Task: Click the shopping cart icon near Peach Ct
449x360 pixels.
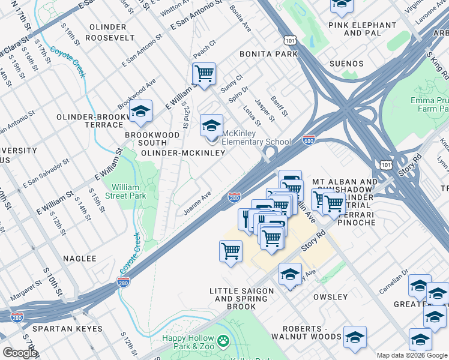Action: coord(204,74)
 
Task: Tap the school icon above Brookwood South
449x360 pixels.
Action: coord(141,112)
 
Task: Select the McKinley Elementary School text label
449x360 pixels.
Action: coord(256,137)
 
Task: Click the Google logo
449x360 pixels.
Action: coord(20,353)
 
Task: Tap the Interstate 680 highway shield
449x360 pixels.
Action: coord(309,139)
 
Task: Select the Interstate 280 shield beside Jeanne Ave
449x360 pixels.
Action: coord(235,197)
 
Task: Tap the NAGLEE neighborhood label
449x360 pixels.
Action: coord(79,259)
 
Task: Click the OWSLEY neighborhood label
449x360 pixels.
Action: coord(330,297)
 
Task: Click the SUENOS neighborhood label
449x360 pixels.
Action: coord(346,63)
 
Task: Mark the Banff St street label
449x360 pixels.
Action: coord(279,106)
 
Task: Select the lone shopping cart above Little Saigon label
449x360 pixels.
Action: coord(231,252)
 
